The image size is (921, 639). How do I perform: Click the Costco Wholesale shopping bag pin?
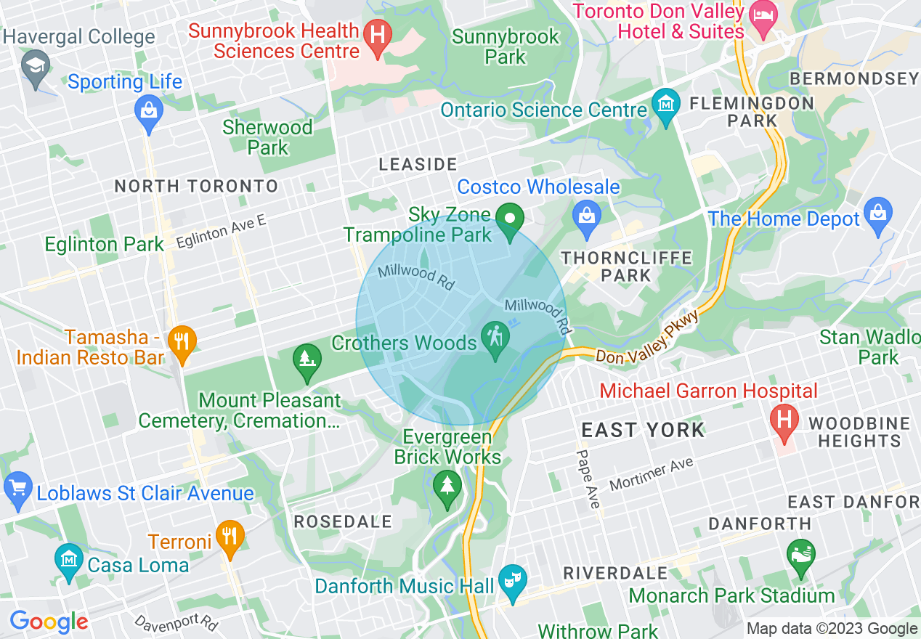click(x=585, y=215)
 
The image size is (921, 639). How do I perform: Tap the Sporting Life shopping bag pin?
click(x=149, y=112)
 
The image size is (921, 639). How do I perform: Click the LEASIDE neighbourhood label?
click(x=418, y=165)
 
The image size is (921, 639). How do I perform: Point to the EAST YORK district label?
click(x=643, y=430)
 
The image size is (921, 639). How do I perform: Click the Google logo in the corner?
click(x=49, y=622)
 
